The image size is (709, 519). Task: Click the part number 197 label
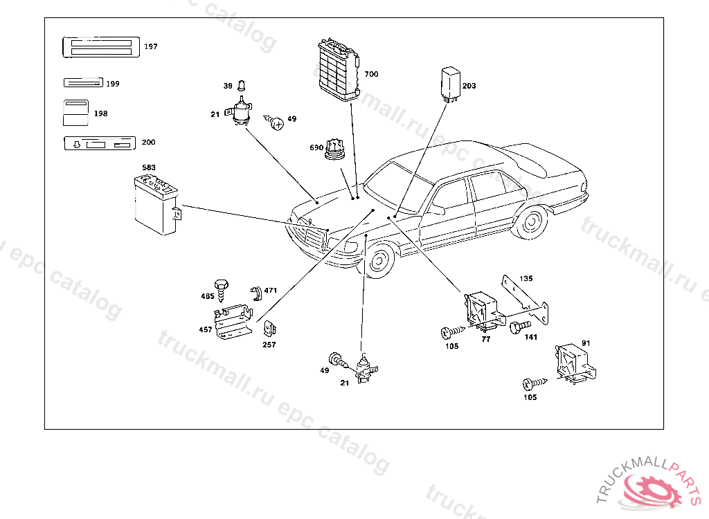(151, 47)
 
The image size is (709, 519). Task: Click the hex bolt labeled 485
(222, 287)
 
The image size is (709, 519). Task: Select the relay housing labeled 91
(573, 363)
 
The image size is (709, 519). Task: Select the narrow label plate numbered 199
(83, 83)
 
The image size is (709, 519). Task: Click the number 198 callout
(101, 113)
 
